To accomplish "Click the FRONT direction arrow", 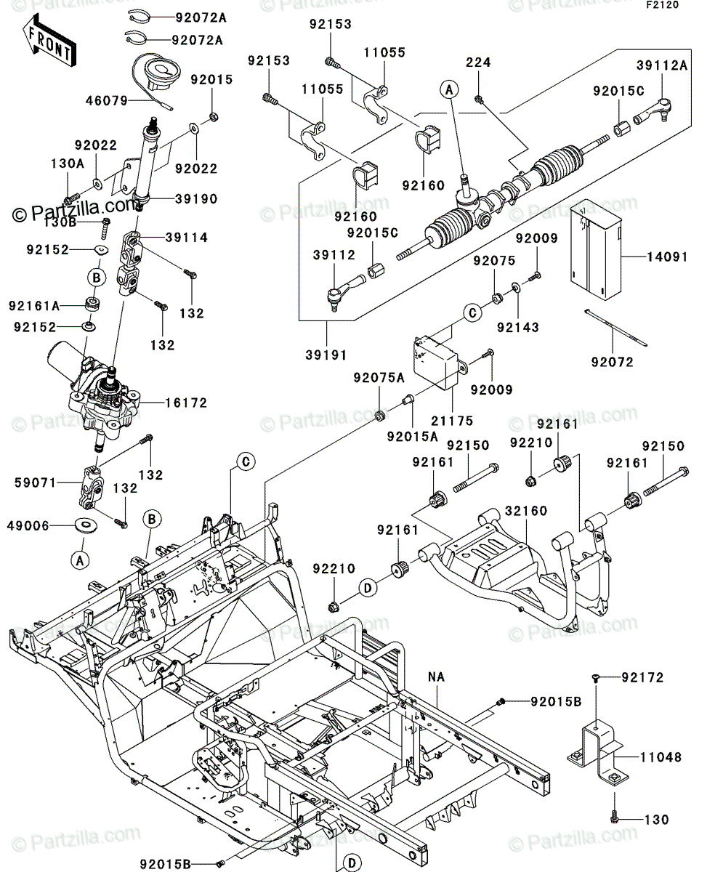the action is (x=49, y=40).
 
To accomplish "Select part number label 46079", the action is (x=107, y=101).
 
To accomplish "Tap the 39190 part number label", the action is (x=196, y=199).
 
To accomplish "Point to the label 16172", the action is (x=186, y=403).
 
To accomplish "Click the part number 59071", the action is (x=35, y=483).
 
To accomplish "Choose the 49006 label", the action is (x=28, y=525).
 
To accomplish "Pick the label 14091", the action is (x=667, y=257).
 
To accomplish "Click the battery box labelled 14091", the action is (x=596, y=249).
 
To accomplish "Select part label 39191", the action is (x=326, y=355).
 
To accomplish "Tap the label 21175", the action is (x=453, y=421).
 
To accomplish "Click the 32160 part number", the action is (x=526, y=511).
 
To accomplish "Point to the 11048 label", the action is (x=661, y=757).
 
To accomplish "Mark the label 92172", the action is (x=643, y=677).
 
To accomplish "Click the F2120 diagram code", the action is (x=663, y=5).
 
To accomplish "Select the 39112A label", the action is (x=662, y=65).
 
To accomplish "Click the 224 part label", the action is (x=479, y=62).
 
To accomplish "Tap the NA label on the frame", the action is (x=437, y=677).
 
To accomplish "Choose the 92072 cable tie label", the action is (x=613, y=362).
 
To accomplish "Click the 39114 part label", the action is (x=187, y=237).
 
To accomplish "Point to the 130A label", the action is (x=68, y=163).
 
